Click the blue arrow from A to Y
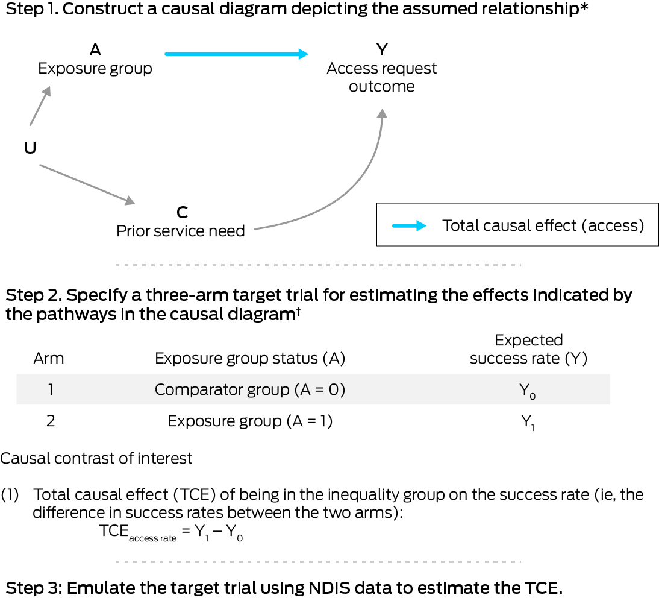pyautogui.click(x=236, y=54)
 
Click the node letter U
pyautogui.click(x=30, y=147)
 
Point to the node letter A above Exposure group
pyautogui.click(x=95, y=49)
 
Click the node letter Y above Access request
pyautogui.click(x=382, y=49)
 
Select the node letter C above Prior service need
pyautogui.click(x=181, y=212)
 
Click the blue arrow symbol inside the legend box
pyautogui.click(x=409, y=226)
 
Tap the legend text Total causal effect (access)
pyautogui.click(x=543, y=225)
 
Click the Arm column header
pyautogui.click(x=49, y=359)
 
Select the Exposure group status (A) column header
pyautogui.click(x=249, y=359)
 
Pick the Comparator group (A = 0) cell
pyautogui.click(x=249, y=390)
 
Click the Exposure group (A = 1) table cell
pyautogui.click(x=249, y=421)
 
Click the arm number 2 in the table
pyautogui.click(x=51, y=421)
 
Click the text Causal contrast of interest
pyautogui.click(x=96, y=458)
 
